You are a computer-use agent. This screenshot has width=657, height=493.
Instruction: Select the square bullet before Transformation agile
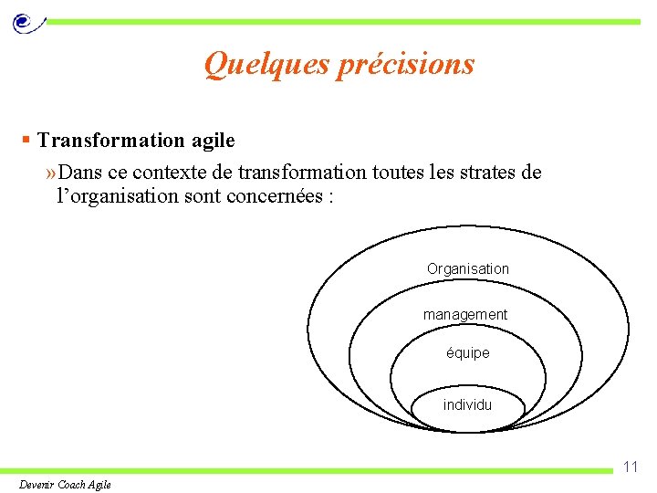[27, 140]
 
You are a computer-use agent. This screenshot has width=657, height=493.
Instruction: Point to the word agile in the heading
[213, 141]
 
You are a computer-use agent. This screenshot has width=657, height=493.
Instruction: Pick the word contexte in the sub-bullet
[173, 173]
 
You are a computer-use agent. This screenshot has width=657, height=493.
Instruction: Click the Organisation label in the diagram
[468, 268]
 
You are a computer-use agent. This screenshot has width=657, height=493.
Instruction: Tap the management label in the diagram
[465, 314]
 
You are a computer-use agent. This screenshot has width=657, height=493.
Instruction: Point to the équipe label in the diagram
[468, 352]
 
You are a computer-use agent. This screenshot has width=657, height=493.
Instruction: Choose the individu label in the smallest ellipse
[467, 404]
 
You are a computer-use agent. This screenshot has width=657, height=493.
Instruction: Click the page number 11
[630, 467]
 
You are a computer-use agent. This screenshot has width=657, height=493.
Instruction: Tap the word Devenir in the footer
[37, 485]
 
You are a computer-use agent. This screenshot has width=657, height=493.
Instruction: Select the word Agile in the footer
[99, 485]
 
